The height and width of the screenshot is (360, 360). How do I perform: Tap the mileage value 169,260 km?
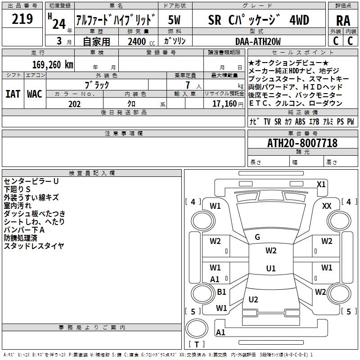coord(52,64)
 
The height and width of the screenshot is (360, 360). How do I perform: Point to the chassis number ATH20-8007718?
coord(302,143)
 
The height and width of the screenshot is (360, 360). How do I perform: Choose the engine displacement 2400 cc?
coord(137,42)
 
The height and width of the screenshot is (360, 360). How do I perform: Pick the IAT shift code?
coord(13,94)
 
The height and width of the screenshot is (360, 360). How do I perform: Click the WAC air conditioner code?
coord(34,94)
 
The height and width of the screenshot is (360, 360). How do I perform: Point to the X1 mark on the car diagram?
coord(321,184)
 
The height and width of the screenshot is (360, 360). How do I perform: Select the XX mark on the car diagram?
coord(327,206)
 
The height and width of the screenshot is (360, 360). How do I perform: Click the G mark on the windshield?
coord(257,237)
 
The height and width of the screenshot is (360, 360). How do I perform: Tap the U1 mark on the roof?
coord(270,269)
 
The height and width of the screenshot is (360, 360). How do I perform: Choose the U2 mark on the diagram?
coord(253,299)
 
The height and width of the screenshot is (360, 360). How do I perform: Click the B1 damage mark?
coord(221,292)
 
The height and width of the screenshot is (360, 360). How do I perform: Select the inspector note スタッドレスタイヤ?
coord(34,246)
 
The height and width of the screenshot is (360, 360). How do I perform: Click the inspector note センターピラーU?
coord(31,181)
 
